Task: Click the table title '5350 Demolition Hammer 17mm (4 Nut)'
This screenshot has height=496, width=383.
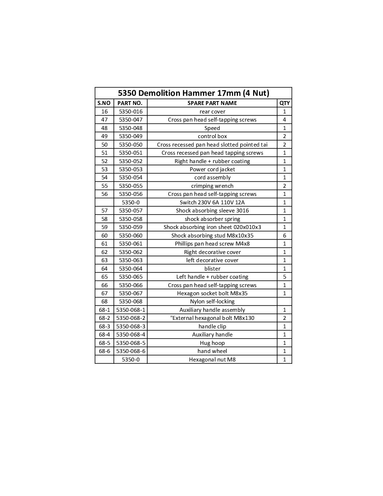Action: click(x=193, y=93)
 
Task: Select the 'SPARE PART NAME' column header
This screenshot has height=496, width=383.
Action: click(x=212, y=103)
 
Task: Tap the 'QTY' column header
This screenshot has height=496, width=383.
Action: click(x=284, y=103)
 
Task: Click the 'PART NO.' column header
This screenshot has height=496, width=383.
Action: click(x=130, y=103)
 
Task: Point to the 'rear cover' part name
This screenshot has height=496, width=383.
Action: click(x=212, y=112)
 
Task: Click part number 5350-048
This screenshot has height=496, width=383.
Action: click(x=131, y=128)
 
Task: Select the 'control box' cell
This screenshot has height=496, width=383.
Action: click(x=212, y=136)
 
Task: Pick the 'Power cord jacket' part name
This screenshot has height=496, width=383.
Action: click(x=212, y=169)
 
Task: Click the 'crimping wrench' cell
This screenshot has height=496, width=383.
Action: click(x=212, y=186)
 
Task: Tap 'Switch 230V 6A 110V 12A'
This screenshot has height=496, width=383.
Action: click(x=212, y=203)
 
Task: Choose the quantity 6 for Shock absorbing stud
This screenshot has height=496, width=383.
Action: click(x=284, y=236)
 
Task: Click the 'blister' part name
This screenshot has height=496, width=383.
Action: click(x=212, y=268)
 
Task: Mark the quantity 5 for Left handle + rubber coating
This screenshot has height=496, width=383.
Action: click(x=284, y=277)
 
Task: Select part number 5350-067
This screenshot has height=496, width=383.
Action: click(x=131, y=293)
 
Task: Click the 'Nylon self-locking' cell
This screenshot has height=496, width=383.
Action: click(x=212, y=302)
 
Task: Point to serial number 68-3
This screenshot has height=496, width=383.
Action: click(x=104, y=327)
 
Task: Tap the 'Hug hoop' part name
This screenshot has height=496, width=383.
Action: click(x=212, y=343)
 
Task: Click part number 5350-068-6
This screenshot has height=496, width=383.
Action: click(x=131, y=351)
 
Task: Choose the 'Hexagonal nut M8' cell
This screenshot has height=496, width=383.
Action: click(x=212, y=360)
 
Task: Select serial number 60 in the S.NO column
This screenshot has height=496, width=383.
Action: click(x=104, y=236)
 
